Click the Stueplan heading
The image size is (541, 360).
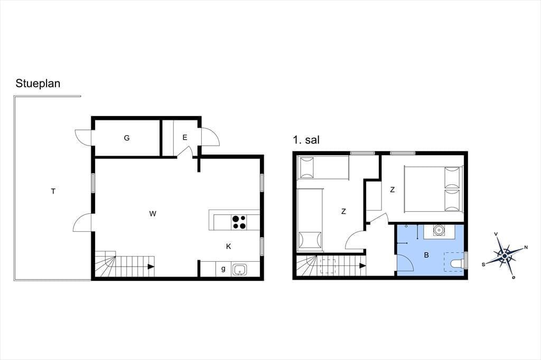[x=38, y=84]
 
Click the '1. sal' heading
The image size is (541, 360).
[x=306, y=140]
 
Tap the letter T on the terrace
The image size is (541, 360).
[x=53, y=191]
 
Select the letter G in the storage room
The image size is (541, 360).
[x=127, y=138]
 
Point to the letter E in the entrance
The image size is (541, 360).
[x=185, y=138]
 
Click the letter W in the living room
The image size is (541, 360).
[x=153, y=214]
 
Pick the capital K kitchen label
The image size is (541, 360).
[x=228, y=246]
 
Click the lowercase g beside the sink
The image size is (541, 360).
[x=223, y=269]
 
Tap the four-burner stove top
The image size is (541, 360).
[x=239, y=222]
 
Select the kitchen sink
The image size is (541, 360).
[x=240, y=269]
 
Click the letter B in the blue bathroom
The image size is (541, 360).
[x=426, y=255]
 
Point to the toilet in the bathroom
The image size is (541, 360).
[x=457, y=263]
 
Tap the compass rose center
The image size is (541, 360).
[x=505, y=256]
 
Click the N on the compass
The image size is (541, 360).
[x=526, y=247]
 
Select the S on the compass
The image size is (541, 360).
[x=484, y=264]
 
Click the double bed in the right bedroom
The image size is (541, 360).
[x=433, y=189]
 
